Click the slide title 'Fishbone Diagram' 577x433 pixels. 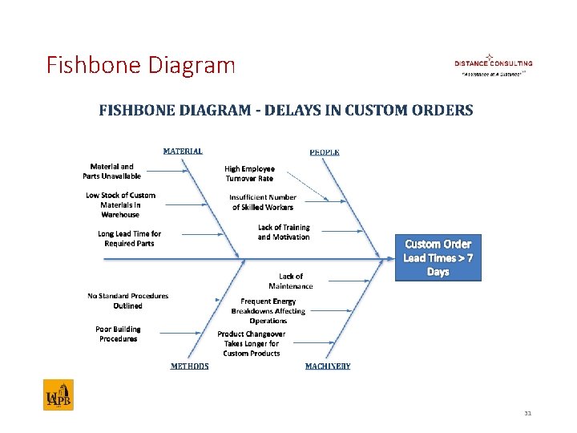(141, 64)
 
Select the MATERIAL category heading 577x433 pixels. (183, 151)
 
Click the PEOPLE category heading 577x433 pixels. (325, 152)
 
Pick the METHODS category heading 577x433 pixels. (189, 366)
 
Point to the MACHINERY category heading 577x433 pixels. (328, 366)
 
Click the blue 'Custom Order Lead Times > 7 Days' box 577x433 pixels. (438, 257)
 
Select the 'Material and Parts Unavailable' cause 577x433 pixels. (111, 172)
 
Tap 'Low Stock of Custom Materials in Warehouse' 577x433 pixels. (120, 204)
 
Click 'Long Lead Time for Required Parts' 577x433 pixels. (129, 238)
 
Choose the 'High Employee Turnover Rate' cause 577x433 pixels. (249, 173)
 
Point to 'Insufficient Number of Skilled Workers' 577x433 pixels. (263, 202)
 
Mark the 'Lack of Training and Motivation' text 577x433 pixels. (284, 232)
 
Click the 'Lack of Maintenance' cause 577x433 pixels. (291, 281)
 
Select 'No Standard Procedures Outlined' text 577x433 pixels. (128, 301)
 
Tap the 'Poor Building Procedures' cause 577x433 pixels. (118, 334)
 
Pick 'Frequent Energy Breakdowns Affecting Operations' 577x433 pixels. (268, 310)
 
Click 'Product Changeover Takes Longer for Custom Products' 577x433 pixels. (252, 343)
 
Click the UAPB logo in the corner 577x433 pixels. (59, 395)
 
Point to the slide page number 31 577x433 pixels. (527, 414)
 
